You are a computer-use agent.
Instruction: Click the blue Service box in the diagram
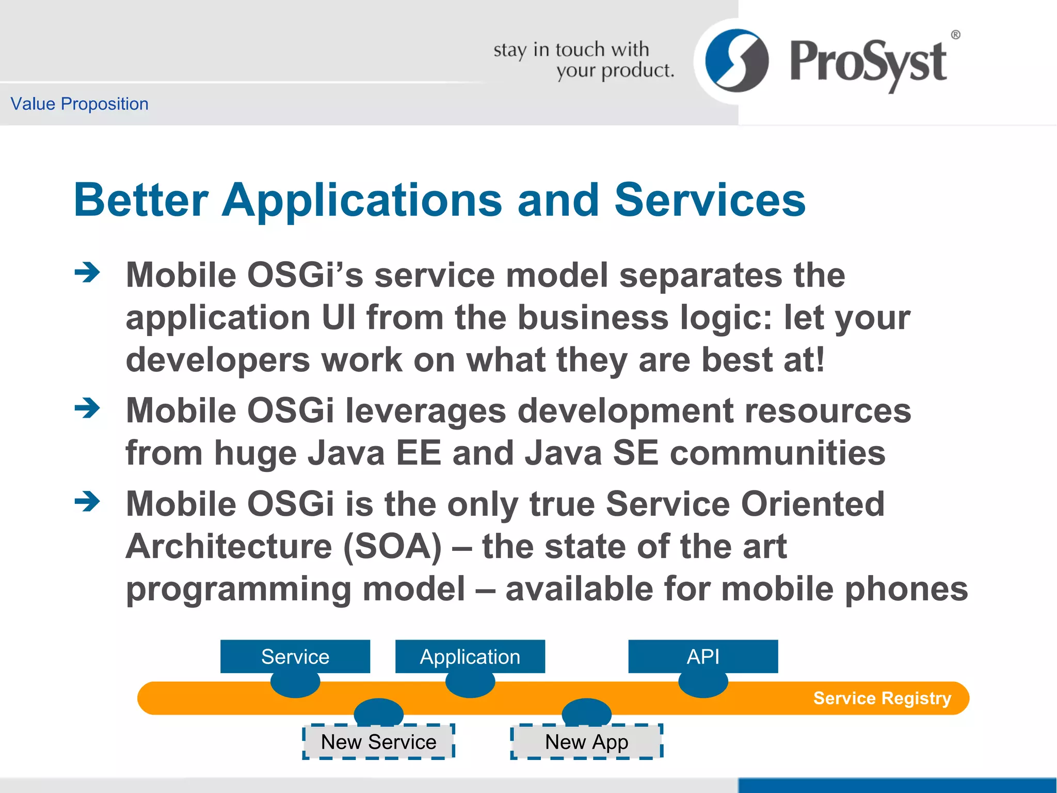click(x=295, y=656)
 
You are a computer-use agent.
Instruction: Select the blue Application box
click(x=470, y=656)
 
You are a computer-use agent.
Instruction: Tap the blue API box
click(x=702, y=656)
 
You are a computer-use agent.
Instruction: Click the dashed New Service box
click(x=378, y=742)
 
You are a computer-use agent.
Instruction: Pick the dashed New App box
click(x=586, y=742)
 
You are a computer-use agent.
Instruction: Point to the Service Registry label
click(x=882, y=698)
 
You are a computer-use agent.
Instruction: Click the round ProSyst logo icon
click(x=736, y=61)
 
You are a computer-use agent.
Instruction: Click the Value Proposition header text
click(x=79, y=104)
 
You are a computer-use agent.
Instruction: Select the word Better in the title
click(x=141, y=200)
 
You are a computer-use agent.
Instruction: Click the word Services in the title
click(x=710, y=200)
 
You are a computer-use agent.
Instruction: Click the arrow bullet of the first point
click(x=87, y=273)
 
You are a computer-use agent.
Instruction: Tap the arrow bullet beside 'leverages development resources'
click(x=87, y=408)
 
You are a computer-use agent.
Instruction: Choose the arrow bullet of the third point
click(x=87, y=501)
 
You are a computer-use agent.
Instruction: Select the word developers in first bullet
click(x=218, y=360)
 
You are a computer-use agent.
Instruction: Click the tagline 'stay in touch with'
click(x=571, y=50)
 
